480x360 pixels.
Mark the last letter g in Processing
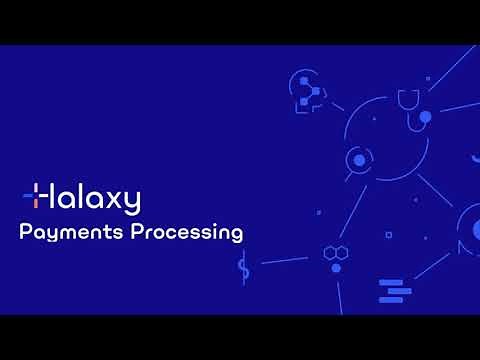[x=236, y=236]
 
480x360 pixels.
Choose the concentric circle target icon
[x=357, y=159]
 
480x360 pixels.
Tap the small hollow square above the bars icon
[x=388, y=235]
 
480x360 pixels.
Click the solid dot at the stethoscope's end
[x=425, y=117]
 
